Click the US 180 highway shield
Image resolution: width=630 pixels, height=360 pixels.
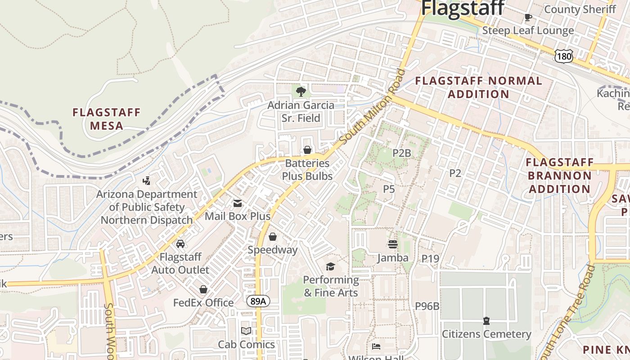coord(564,56)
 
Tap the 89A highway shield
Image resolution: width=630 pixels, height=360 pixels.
coord(258,301)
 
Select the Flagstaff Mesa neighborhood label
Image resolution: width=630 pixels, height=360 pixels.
coord(107,119)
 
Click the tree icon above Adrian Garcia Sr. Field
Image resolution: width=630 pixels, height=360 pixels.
coord(301,92)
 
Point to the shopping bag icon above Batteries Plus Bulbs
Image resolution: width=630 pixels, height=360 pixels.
coord(307,150)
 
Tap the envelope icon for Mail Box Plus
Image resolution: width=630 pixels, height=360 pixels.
coord(237,203)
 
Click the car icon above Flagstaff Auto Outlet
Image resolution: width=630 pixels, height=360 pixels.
coord(180,244)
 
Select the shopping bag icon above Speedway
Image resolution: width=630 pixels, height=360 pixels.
coord(272,237)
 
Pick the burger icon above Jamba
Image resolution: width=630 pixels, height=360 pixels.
coord(392,244)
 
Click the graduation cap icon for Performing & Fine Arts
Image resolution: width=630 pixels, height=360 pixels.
coord(330,267)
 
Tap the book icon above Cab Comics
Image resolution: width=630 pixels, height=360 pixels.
coord(246,331)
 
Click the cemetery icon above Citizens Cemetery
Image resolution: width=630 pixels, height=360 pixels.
coord(486,321)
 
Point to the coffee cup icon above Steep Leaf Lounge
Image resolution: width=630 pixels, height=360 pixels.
coord(528,18)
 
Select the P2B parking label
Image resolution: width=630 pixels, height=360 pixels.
coord(401,153)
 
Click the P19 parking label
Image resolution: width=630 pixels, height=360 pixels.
coord(430,258)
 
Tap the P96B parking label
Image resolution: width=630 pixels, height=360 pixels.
coord(427,306)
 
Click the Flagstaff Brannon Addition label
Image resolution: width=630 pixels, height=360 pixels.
coord(559,175)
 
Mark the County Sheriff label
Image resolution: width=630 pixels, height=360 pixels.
coord(580,9)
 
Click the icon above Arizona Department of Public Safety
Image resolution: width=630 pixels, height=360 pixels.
coord(146,181)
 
